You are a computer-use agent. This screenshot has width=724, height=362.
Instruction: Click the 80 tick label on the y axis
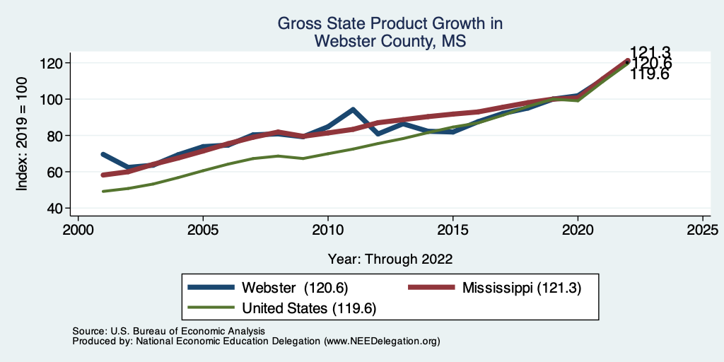point(57,136)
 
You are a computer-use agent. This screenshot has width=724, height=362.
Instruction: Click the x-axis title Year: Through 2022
point(390,259)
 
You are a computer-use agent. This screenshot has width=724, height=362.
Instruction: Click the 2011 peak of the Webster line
point(353,110)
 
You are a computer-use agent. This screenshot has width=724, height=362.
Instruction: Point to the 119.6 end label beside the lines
point(649,74)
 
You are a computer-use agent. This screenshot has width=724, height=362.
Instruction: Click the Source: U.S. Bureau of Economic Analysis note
point(168,331)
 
